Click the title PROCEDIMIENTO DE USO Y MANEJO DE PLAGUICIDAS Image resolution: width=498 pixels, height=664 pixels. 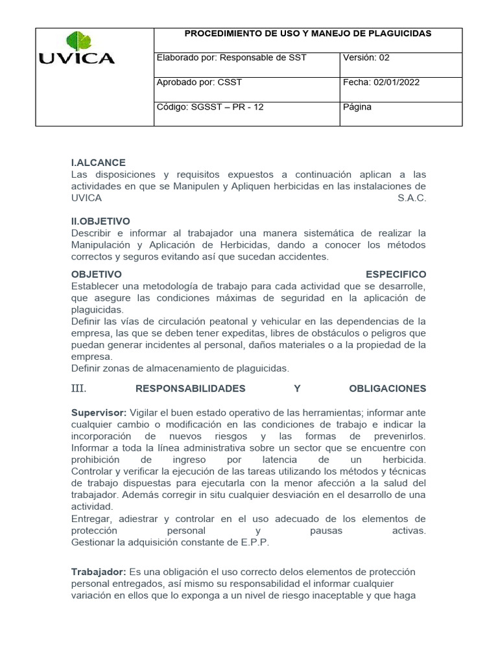pos(308,33)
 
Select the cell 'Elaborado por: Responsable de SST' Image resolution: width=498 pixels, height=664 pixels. pos(231,58)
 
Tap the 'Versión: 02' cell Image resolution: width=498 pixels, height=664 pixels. pos(366,58)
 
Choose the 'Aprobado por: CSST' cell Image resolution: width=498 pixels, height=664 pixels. pos(199,82)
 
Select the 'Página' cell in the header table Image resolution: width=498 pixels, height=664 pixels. pos(357,107)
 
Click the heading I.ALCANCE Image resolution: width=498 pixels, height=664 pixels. pos(98,163)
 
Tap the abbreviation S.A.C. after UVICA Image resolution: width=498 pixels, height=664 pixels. pos(412,198)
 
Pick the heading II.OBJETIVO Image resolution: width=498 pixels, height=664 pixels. pos(101,221)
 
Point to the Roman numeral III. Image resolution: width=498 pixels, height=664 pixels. pos(78,388)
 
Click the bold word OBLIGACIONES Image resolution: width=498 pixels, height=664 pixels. pos(387,388)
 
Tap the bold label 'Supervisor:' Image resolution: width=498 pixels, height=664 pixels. pos(99,412)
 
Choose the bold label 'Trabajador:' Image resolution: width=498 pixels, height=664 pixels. pos(99,572)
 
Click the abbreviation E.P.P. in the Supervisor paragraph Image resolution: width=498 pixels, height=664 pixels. pos(250,542)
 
